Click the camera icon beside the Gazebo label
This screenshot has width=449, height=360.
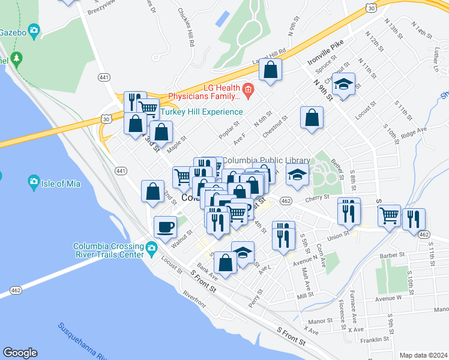click(x=34, y=29)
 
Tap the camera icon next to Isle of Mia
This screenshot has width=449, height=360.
click(x=34, y=182)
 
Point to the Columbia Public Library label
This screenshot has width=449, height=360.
click(x=267, y=161)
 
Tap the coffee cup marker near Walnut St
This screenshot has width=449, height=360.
click(x=166, y=227)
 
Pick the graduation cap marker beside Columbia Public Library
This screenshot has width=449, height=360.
click(x=297, y=175)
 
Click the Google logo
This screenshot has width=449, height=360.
click(x=20, y=353)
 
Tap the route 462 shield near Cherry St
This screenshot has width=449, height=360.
click(x=286, y=201)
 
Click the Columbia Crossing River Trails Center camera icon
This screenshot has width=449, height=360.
click(x=151, y=247)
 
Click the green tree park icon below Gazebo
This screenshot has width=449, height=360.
click(x=17, y=59)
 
